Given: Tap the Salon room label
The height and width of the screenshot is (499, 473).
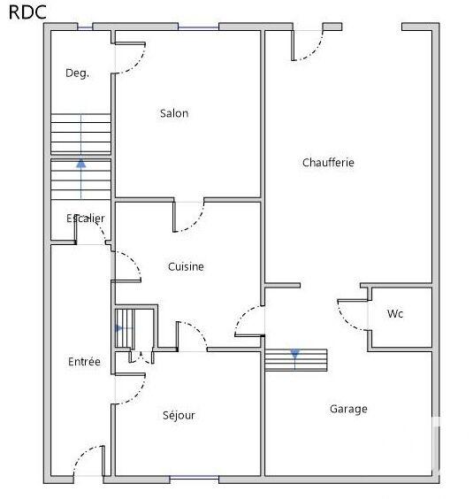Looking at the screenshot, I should (x=174, y=113).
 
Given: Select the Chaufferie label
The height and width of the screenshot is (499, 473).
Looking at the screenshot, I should (x=328, y=163).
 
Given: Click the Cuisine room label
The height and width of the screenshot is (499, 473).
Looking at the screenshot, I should (x=186, y=266).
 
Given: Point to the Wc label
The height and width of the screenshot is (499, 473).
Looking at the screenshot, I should (x=395, y=314).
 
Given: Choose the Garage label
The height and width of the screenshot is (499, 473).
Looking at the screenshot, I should (x=348, y=409).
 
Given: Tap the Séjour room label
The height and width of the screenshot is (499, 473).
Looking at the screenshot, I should (x=179, y=415).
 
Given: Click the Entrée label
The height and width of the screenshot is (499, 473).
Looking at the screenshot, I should (x=84, y=362).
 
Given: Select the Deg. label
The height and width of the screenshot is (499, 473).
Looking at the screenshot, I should (x=77, y=73).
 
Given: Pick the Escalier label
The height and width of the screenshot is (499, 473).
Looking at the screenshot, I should (x=86, y=219).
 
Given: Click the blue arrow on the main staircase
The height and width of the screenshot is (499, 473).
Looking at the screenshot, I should (x=81, y=164).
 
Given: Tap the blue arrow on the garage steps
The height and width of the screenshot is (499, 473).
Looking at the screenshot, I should (x=295, y=355).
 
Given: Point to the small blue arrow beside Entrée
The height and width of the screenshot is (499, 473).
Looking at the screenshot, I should (x=119, y=328).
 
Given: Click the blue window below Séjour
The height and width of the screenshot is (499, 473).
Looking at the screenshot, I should (x=195, y=479).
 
